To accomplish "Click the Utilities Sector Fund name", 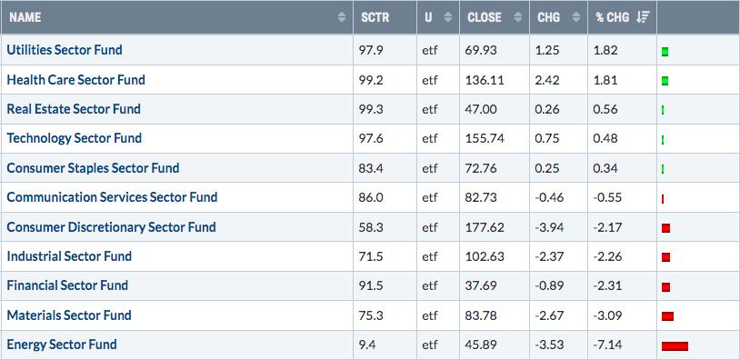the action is tap(65, 49).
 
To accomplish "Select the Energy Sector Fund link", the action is tap(62, 345).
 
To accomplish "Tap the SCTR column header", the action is tap(375, 17).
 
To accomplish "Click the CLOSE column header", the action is tap(485, 17).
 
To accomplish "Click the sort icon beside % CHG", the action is tap(643, 17).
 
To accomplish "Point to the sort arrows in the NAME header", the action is tap(342, 17).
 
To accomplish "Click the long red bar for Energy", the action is tap(675, 346).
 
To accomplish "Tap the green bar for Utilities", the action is tap(665, 52).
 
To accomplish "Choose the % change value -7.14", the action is tap(607, 345).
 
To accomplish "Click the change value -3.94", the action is tap(549, 227).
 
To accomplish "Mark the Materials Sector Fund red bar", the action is tap(667, 316).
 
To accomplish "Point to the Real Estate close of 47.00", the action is tap(482, 109).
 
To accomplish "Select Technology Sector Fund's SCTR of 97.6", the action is tap(371, 138).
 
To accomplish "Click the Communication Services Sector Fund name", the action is tap(112, 196).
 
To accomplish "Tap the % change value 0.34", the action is tap(605, 168).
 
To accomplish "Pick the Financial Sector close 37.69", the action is tap(482, 285).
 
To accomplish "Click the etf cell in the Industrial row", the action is tap(430, 256).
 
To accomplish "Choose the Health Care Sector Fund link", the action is tap(75, 80).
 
